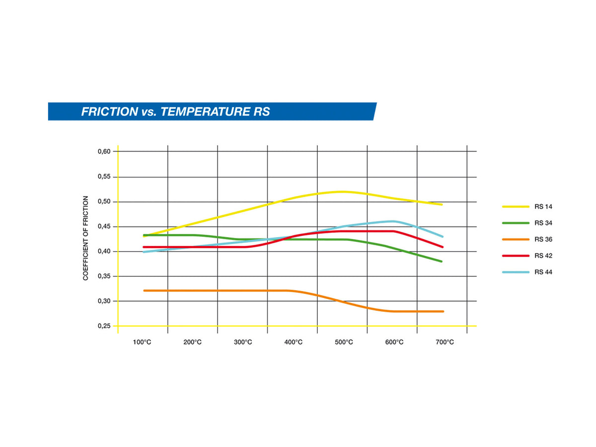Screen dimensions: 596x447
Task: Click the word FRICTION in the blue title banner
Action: point(110,112)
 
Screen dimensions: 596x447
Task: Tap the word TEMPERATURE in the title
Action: point(205,112)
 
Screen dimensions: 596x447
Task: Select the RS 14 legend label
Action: point(543,207)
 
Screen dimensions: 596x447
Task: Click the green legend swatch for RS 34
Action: point(516,223)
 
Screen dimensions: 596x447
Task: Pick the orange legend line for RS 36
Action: point(516,239)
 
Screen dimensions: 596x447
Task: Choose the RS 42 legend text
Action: point(543,256)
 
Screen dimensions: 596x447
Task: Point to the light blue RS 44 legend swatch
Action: point(516,272)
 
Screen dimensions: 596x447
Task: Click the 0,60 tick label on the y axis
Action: point(104,151)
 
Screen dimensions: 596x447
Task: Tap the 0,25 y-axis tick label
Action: point(104,326)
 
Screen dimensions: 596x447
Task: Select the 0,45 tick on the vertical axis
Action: point(104,226)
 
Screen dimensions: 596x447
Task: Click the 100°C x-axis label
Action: point(142,342)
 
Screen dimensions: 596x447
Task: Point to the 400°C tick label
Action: point(293,342)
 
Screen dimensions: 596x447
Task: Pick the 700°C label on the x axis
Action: point(445,342)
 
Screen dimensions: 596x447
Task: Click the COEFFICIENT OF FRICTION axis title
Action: point(85,238)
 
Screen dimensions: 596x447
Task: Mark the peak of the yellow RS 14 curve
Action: point(342,192)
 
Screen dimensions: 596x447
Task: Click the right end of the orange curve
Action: point(443,311)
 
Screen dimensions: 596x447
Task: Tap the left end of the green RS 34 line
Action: point(144,235)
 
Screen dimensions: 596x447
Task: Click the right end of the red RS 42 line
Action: point(443,247)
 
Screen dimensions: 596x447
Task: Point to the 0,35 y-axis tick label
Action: point(104,276)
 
